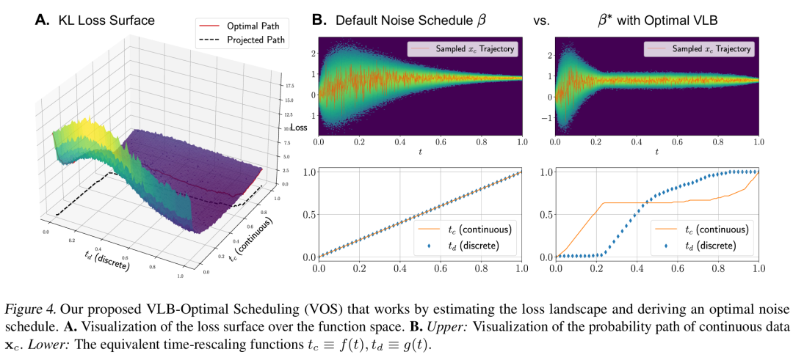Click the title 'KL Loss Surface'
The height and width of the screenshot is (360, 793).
click(x=106, y=21)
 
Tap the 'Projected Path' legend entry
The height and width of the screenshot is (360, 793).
click(x=246, y=40)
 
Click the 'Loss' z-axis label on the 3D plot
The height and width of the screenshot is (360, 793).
click(x=299, y=128)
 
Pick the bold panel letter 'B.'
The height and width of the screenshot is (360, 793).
click(x=320, y=21)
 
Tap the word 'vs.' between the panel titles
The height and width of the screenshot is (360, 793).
click(x=542, y=21)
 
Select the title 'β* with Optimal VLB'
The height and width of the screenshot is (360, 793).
click(x=659, y=21)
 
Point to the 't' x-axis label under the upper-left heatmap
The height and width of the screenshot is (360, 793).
click(x=420, y=152)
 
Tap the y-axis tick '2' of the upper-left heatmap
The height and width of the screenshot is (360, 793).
click(x=311, y=54)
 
